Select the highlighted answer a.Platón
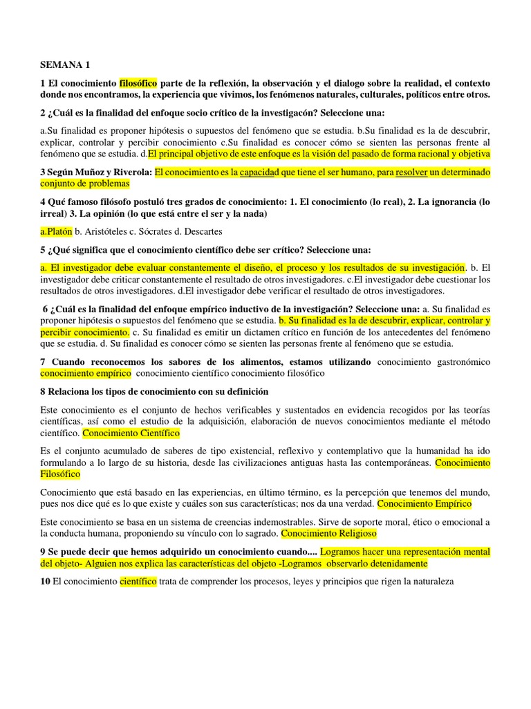point(57,231)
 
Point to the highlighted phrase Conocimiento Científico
point(131,433)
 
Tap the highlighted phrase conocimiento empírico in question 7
point(86,373)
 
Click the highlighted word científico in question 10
point(138,582)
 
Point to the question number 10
point(46,582)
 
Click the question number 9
point(44,552)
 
